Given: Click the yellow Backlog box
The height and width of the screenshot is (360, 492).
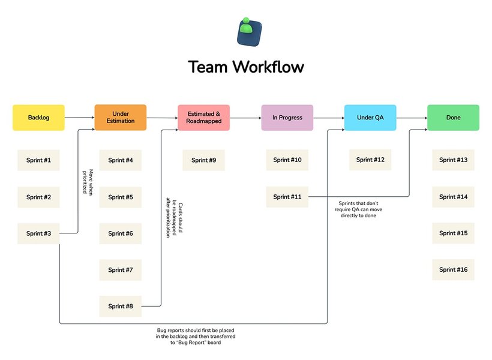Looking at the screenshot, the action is click(x=38, y=118).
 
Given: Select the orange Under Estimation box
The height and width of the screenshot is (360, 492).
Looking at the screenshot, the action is click(x=121, y=118).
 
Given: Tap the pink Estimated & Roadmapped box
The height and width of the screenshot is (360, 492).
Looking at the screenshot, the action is click(x=203, y=118).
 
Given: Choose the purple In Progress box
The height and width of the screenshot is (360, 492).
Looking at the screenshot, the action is click(x=287, y=118).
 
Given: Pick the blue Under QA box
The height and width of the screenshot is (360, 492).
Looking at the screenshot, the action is click(x=370, y=118).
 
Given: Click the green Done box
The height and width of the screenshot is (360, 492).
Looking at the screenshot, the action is click(x=454, y=118).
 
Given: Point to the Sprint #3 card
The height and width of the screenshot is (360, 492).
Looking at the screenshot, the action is click(x=38, y=233).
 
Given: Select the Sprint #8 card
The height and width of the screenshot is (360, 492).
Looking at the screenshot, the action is click(x=121, y=306).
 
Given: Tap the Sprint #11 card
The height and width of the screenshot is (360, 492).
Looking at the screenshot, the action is click(x=287, y=197).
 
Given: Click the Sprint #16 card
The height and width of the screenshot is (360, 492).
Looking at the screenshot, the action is click(x=454, y=269).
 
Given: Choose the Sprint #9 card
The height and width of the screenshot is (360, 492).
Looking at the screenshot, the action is click(x=203, y=160).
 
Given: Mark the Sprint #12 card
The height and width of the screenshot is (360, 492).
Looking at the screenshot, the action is click(x=370, y=160).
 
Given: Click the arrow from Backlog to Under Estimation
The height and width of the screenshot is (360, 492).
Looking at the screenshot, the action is click(x=80, y=118).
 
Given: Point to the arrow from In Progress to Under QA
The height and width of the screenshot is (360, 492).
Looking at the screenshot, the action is click(x=329, y=118).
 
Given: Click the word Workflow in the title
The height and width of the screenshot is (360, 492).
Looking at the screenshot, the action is click(x=268, y=67).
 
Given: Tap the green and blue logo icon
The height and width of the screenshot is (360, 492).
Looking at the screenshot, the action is click(x=249, y=32).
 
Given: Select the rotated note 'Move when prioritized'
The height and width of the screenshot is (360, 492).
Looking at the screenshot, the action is click(x=88, y=182).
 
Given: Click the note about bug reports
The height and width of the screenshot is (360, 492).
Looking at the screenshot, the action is click(x=196, y=337).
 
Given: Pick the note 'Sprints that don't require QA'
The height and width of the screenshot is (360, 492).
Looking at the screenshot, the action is click(x=358, y=209).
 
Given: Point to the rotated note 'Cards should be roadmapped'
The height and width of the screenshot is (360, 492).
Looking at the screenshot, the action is click(x=174, y=218).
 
